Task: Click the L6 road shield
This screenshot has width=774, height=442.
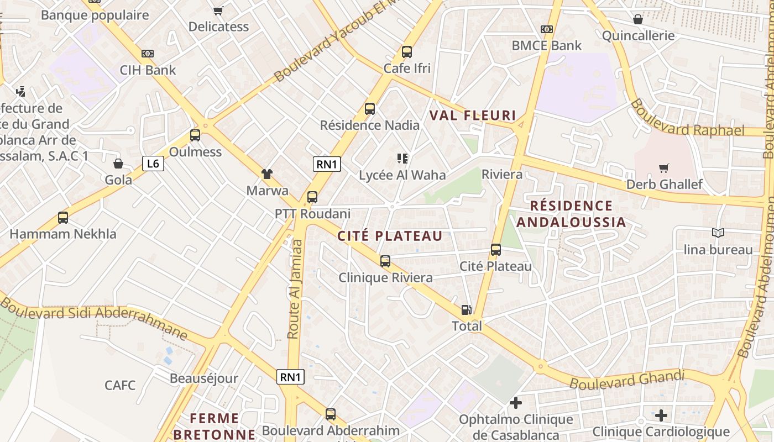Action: pyautogui.click(x=153, y=164)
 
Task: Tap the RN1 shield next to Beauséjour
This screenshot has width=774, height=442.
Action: pyautogui.click(x=290, y=377)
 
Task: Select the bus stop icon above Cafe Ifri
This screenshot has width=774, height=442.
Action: pyautogui.click(x=407, y=52)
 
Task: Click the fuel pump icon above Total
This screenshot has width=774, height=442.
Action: pyautogui.click(x=467, y=310)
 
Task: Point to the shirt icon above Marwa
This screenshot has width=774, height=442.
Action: pyautogui.click(x=267, y=175)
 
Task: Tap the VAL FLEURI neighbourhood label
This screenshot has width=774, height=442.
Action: pyautogui.click(x=473, y=116)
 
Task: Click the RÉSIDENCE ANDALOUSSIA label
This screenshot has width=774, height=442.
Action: pyautogui.click(x=571, y=214)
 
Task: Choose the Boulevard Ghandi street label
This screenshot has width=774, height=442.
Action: pyautogui.click(x=627, y=380)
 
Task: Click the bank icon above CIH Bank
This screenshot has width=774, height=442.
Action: pyautogui.click(x=148, y=54)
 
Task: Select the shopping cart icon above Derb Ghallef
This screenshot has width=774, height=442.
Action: pyautogui.click(x=664, y=168)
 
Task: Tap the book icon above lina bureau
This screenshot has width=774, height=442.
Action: pyautogui.click(x=718, y=233)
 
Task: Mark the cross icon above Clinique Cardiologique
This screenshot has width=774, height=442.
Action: pyautogui.click(x=661, y=415)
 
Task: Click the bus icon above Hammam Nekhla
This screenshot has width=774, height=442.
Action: pyautogui.click(x=63, y=218)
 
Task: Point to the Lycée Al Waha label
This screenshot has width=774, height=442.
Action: pyautogui.click(x=402, y=175)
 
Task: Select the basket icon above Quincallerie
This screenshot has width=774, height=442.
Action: pyautogui.click(x=638, y=19)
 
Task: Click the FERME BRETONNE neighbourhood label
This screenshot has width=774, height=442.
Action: pyautogui.click(x=215, y=426)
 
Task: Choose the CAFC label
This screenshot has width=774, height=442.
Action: pyautogui.click(x=120, y=385)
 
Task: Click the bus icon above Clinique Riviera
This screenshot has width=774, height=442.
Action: pyautogui.click(x=385, y=261)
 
